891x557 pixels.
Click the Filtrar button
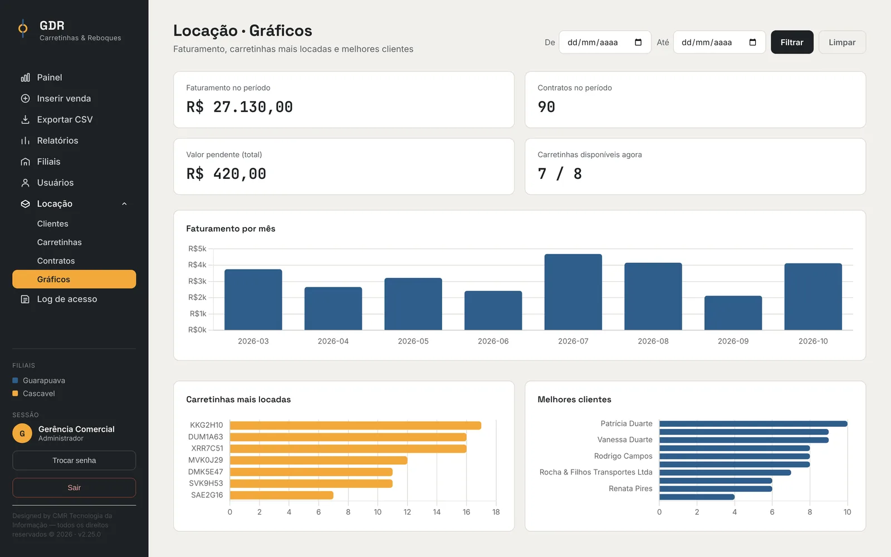click(791, 42)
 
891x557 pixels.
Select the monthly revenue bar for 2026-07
click(573, 292)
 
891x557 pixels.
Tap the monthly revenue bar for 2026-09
click(733, 312)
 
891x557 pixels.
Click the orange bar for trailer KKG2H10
click(356, 426)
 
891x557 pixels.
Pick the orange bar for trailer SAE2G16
click(282, 495)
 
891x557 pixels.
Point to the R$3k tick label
click(197, 281)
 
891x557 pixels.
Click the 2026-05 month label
click(413, 341)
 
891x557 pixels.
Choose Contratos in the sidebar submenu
click(56, 261)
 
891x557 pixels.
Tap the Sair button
click(74, 487)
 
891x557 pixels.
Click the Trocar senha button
click(74, 460)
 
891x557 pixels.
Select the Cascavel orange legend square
click(15, 393)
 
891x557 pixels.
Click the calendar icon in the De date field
click(638, 42)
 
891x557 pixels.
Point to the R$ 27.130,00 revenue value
click(239, 106)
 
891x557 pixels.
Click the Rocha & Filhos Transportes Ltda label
click(596, 472)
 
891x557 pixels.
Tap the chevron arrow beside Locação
click(125, 204)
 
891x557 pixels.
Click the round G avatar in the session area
click(22, 433)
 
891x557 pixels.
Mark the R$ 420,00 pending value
click(226, 173)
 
